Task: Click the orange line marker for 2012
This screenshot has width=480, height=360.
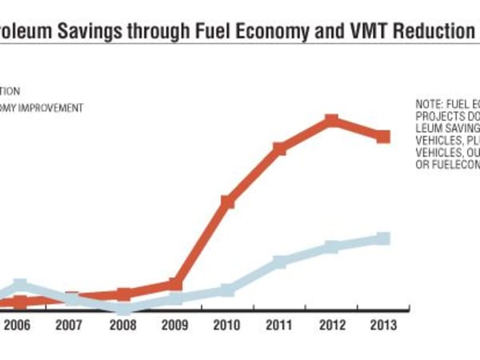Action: [331, 122]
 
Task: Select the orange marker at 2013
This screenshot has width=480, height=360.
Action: [383, 137]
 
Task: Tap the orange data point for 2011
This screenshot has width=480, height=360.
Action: [279, 149]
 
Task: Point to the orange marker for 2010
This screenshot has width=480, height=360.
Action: [227, 202]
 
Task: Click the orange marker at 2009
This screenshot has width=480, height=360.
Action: [175, 285]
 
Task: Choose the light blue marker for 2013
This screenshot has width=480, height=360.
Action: [383, 238]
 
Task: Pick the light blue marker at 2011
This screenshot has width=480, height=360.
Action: [279, 262]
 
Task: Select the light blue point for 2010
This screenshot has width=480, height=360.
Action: [227, 290]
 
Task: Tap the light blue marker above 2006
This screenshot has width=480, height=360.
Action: [20, 286]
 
